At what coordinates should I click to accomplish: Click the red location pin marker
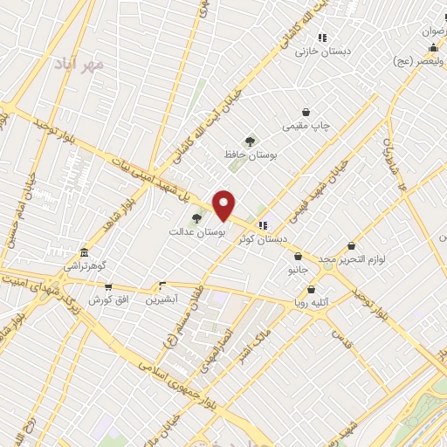[x=224, y=205]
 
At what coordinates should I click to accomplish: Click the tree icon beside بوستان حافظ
[x=251, y=141]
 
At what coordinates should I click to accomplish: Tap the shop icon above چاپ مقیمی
[x=306, y=112]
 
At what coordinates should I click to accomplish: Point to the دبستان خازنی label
[x=322, y=51]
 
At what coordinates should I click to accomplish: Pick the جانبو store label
[x=298, y=272]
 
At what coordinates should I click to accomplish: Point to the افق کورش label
[x=108, y=299]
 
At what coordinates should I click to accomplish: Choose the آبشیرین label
[x=162, y=298]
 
